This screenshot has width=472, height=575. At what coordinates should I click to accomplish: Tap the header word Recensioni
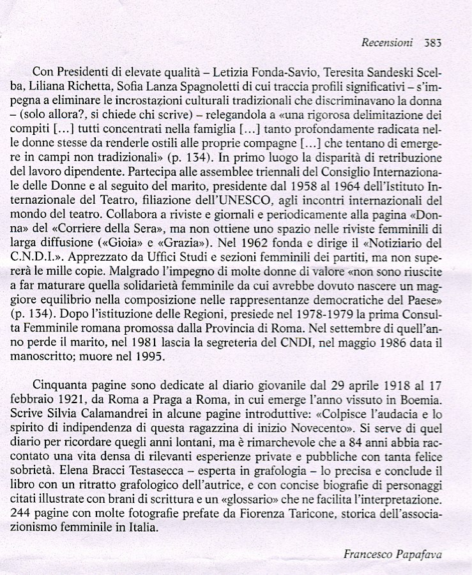[387, 43]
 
